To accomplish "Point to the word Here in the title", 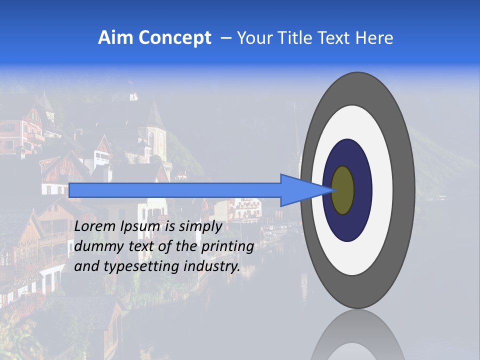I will (375, 38).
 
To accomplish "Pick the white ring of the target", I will (382, 190).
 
